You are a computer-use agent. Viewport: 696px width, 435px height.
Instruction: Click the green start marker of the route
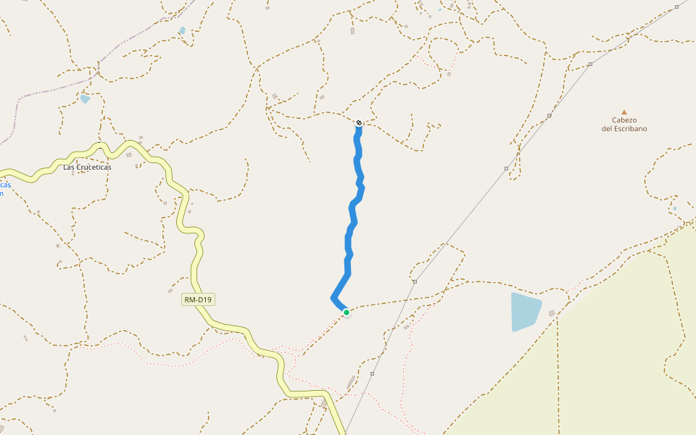pos(347,312)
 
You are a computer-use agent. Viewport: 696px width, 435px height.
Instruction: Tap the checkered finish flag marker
pos(359,123)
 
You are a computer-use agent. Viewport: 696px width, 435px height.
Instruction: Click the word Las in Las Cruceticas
pos(70,167)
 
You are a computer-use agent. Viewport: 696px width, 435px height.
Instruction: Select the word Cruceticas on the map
pos(98,167)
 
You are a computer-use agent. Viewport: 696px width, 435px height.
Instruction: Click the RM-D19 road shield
pos(199,299)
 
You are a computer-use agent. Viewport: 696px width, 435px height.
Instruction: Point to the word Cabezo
pos(624,120)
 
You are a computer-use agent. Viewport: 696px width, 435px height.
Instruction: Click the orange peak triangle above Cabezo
pos(624,112)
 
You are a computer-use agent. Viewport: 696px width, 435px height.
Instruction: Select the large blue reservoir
pos(526,311)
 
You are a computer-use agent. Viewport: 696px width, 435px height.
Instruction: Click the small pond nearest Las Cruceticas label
pos(86,99)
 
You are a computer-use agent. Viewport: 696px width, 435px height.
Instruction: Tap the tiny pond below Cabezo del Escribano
pos(674,209)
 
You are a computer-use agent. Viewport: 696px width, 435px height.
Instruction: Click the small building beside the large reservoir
pos(552,313)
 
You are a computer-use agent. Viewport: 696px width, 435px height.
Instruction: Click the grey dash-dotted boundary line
pos(43,94)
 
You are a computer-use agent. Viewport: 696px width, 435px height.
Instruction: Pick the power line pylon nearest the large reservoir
pos(415,281)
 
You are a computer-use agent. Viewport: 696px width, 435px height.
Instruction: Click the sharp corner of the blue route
pos(333,297)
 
